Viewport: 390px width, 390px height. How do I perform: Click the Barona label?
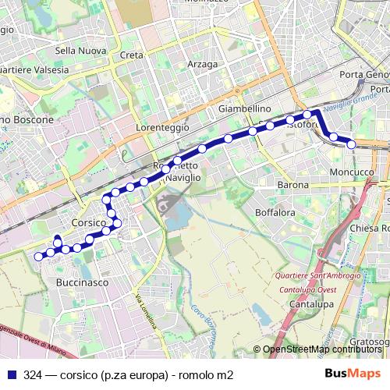tap(293, 185)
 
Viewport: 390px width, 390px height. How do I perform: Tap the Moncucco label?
tap(352, 171)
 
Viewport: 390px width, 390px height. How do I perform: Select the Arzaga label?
tap(202, 64)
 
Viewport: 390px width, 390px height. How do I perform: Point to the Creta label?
tap(132, 55)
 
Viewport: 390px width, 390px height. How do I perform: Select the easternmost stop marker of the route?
tap(352, 144)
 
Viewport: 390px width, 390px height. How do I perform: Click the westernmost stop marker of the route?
tap(39, 256)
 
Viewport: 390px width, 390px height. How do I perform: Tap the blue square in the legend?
tap(11, 374)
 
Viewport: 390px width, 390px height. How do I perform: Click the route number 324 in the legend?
tap(33, 374)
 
